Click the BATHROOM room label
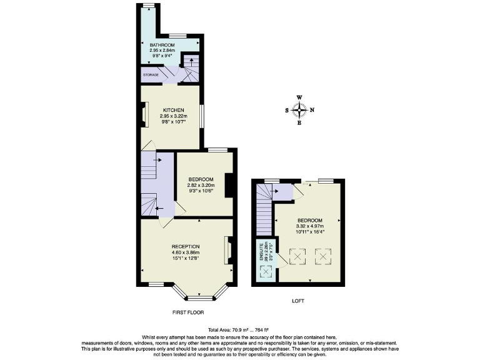point(161,45)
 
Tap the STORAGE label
point(151,75)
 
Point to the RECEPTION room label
point(186,246)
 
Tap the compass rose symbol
point(300,111)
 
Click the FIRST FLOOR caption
point(187,312)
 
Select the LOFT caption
point(297,301)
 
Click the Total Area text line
point(240,330)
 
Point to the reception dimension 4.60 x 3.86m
point(186,252)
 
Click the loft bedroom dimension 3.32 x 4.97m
point(310,227)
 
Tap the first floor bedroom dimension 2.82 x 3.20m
point(201,186)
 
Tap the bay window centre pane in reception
point(200,298)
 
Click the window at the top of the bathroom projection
point(148,6)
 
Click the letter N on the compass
point(312,111)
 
